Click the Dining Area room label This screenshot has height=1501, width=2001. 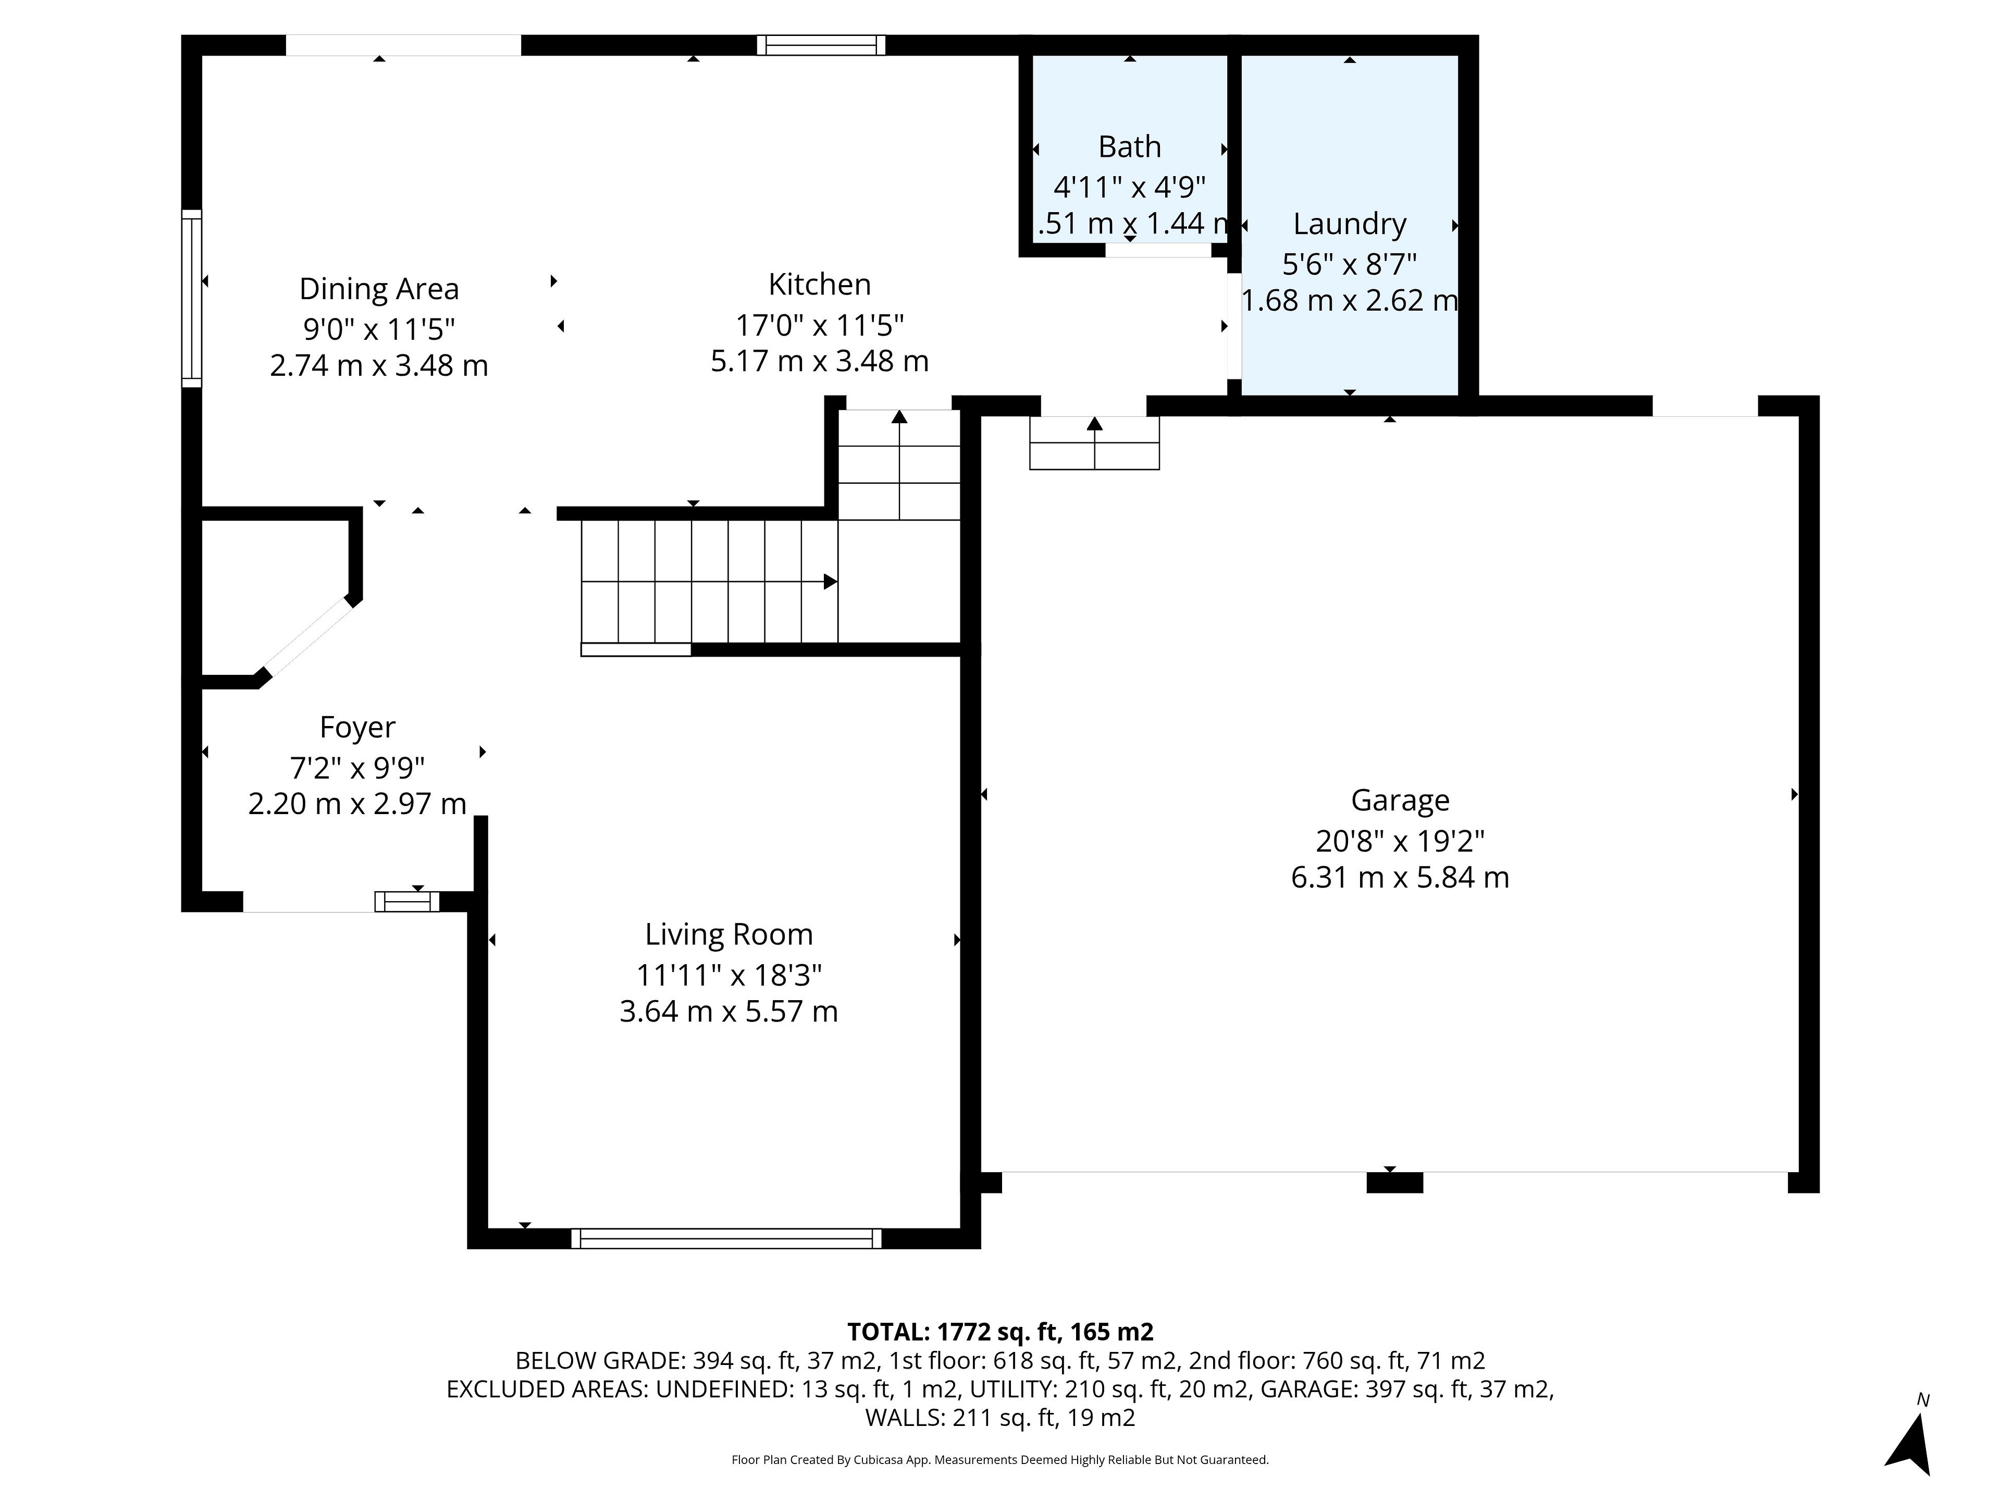[379, 289]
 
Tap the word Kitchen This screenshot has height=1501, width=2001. [820, 284]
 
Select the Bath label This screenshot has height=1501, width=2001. [1130, 146]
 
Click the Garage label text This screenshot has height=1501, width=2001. [1400, 801]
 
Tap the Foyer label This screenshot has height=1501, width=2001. [357, 728]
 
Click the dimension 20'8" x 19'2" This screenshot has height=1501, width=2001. [1400, 841]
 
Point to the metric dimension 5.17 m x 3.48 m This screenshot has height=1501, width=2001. [820, 361]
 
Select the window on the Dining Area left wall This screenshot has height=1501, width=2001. [191, 299]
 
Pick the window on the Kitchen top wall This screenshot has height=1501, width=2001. [821, 45]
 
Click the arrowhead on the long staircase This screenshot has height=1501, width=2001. [830, 582]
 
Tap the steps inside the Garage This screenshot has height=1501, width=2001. [1095, 444]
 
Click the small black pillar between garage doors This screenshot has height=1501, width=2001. [1394, 1183]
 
